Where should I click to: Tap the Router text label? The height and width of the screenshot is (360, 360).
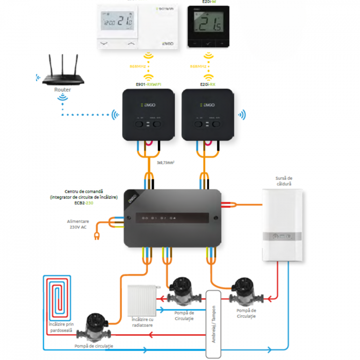click(62, 89)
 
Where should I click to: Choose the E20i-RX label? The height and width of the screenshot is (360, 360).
click(208, 84)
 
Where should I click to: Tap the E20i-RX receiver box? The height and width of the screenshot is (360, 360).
click(208, 114)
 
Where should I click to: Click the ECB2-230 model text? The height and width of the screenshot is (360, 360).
click(83, 203)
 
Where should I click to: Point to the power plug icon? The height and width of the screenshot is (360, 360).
click(96, 237)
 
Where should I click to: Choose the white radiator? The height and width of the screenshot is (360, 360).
click(142, 300)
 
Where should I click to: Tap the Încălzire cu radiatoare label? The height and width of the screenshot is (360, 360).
click(142, 322)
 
